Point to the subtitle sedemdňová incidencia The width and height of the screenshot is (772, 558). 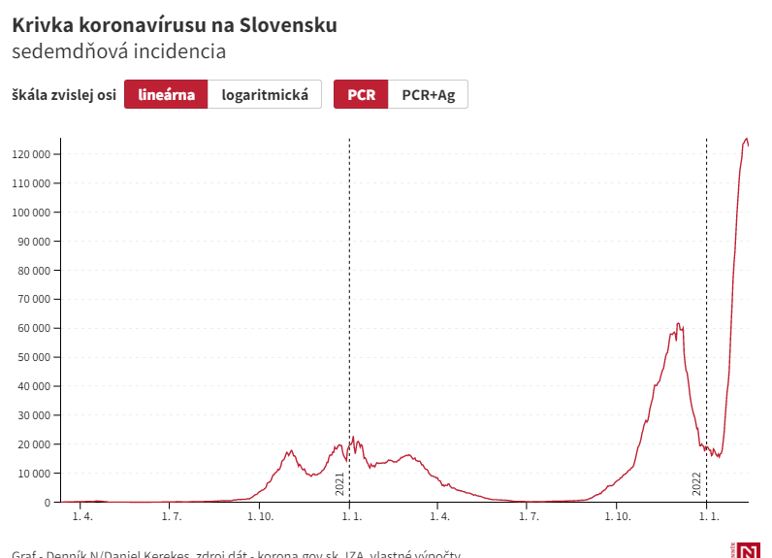tap(118, 51)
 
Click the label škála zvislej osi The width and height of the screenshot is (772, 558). tap(64, 94)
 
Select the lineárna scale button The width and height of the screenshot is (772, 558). tap(166, 94)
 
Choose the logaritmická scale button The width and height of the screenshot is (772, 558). tap(265, 94)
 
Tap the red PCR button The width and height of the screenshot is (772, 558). tap(361, 94)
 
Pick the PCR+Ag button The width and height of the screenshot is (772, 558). tap(428, 94)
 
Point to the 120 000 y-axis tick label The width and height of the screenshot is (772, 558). tap(32, 154)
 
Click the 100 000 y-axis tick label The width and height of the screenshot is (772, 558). tap(32, 213)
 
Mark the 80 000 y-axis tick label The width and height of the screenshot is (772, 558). tap(35, 270)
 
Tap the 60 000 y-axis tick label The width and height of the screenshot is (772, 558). tap(35, 328)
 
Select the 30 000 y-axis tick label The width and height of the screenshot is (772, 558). tap(35, 415)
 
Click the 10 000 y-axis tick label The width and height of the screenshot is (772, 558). tap(35, 474)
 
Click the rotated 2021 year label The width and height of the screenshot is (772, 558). tap(340, 484)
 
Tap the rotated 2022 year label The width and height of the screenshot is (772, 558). tap(697, 484)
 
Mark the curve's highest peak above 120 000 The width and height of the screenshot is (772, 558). tap(746, 139)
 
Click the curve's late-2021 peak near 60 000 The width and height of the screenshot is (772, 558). tap(678, 324)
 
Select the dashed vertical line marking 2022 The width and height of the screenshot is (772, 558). tap(706, 291)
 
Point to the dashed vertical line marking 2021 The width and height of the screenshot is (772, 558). tap(349, 291)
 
